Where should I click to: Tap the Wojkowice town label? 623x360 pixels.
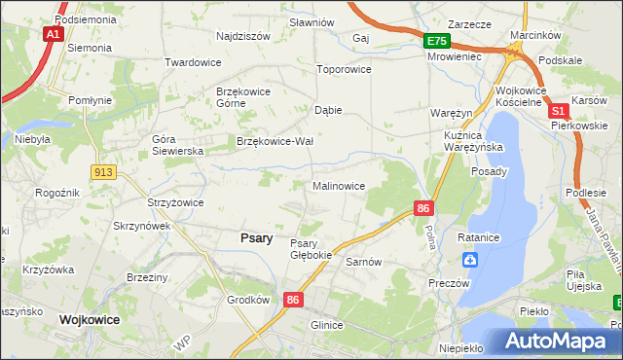tap(89, 318)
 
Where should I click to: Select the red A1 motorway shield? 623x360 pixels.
tap(53, 34)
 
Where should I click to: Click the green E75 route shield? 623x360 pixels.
tap(436, 41)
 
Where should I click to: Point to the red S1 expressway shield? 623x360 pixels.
tap(559, 112)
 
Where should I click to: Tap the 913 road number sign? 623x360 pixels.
tap(104, 171)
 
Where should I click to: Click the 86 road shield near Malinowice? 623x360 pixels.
tap(422, 207)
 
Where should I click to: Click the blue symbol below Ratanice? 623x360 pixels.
tap(470, 260)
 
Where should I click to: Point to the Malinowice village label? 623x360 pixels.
tap(339, 185)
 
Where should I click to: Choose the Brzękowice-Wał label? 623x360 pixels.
tap(275, 141)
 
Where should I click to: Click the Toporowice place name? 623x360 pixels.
tap(345, 70)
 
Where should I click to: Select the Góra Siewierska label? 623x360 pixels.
tap(176, 145)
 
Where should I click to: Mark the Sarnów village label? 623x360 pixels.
tap(363, 262)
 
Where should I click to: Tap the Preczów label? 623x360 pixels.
tap(450, 282)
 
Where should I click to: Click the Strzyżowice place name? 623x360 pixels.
tap(175, 202)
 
